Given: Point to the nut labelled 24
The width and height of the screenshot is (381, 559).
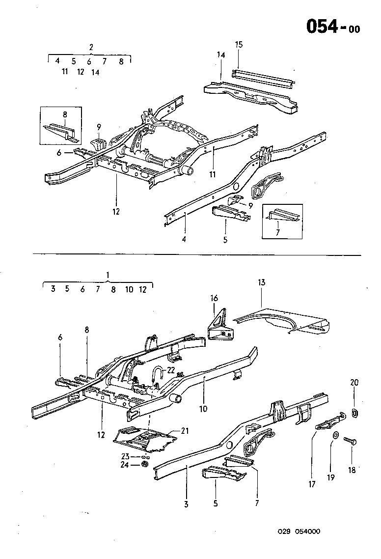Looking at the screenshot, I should point(145,464).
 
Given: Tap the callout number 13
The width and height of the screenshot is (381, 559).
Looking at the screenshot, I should point(261,282).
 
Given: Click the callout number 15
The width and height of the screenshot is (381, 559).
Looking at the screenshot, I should point(239,45).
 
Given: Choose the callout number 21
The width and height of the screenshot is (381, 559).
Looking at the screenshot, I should point(185,431).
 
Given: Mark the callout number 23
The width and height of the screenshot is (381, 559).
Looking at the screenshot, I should point(126,456).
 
